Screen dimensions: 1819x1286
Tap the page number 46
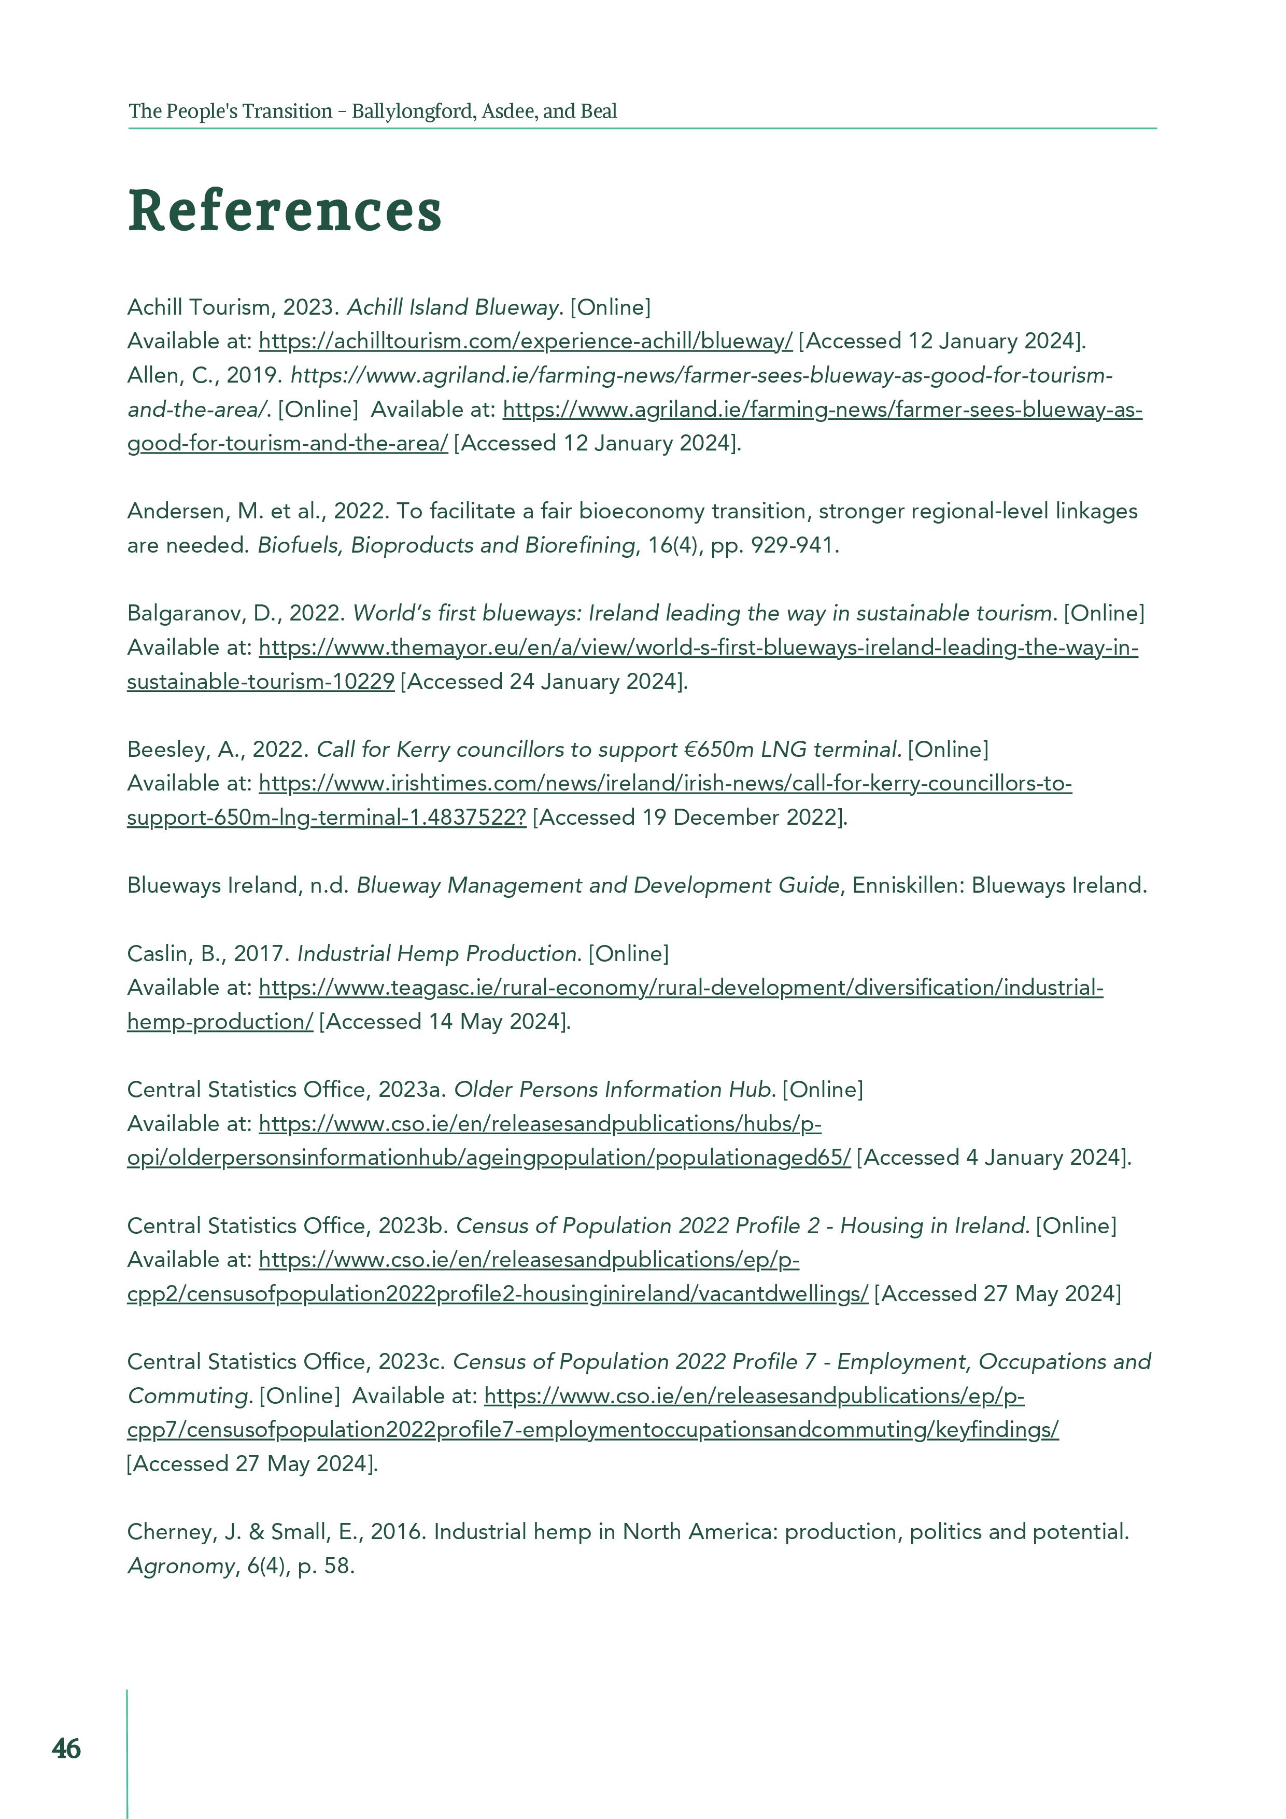click(66, 1749)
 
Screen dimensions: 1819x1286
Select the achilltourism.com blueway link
click(525, 342)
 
